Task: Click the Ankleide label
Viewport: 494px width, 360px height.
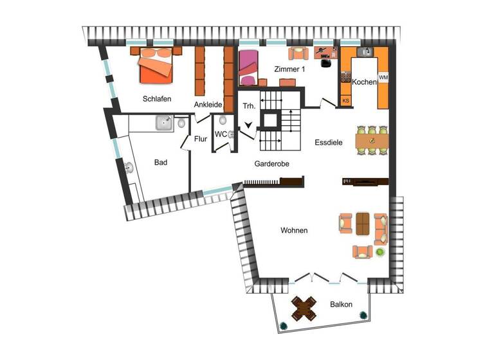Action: pos(208,104)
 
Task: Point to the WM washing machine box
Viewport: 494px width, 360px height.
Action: pos(383,78)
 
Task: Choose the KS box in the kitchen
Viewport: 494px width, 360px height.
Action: pos(345,101)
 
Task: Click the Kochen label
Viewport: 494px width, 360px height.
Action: pos(364,82)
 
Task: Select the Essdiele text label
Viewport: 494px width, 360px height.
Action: pos(329,143)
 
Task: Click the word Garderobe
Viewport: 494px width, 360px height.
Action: pos(271,164)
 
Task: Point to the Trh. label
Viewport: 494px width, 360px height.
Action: pos(248,105)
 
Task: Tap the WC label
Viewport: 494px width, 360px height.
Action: pos(221,134)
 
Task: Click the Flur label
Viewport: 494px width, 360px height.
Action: pos(200,138)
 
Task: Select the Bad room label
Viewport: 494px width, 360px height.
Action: pos(161,163)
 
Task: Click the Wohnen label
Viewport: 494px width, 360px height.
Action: pos(294,230)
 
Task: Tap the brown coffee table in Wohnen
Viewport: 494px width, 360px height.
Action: pos(363,224)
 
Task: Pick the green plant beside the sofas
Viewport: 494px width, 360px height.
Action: pos(380,252)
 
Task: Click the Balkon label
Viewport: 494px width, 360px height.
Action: pos(341,305)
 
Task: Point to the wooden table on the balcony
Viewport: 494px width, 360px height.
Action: pos(304,308)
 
